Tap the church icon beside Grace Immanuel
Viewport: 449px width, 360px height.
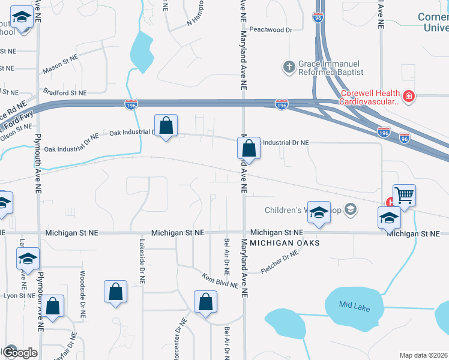(289, 67)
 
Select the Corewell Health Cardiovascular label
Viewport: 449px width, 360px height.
(370, 97)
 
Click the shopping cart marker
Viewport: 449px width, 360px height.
(404, 194)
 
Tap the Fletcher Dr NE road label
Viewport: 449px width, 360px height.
(280, 262)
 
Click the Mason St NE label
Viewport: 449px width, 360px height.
(61, 65)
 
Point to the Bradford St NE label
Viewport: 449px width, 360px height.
(65, 93)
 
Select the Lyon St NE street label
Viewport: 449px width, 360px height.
(18, 296)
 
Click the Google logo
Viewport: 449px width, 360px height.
(19, 352)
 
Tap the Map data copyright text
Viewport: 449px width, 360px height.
(424, 355)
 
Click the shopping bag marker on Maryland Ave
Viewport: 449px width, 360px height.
(249, 148)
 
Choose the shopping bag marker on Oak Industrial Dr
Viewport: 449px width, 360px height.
(166, 125)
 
